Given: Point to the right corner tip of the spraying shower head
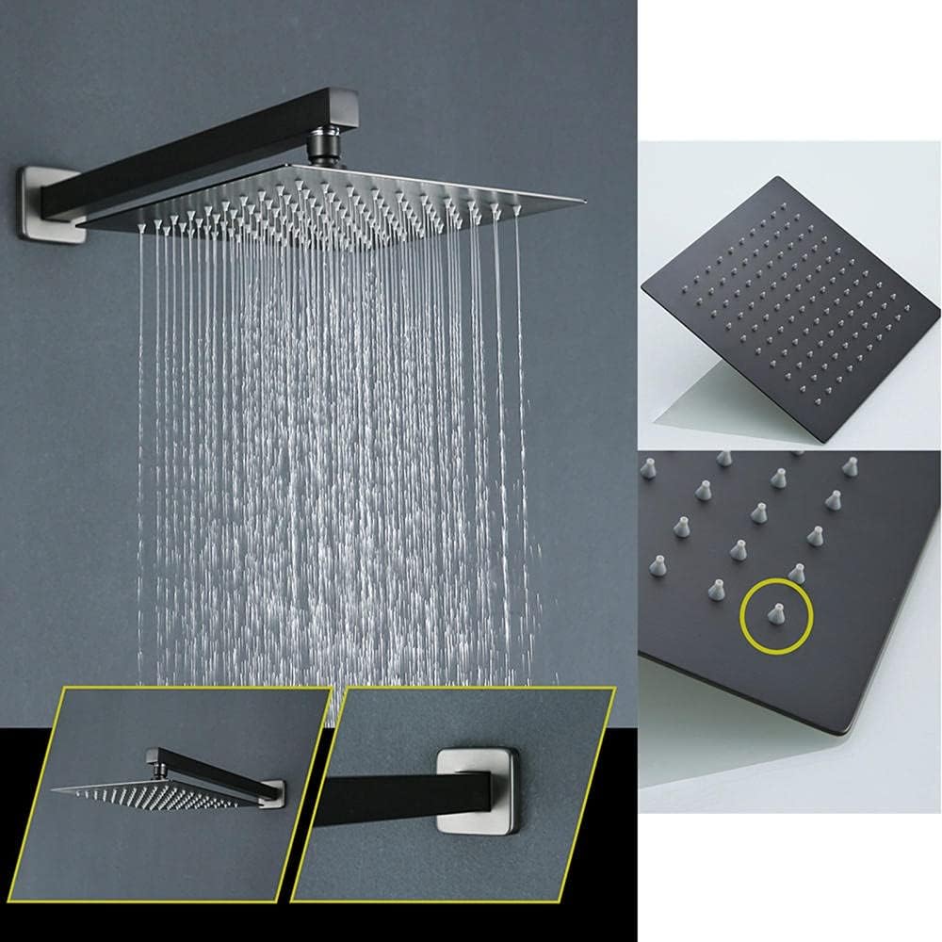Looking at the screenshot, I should (582, 203).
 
